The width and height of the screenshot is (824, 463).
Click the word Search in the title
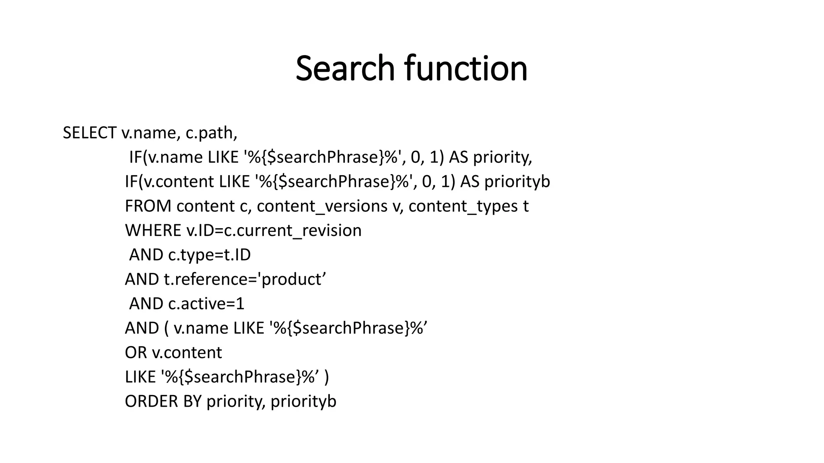tap(345, 68)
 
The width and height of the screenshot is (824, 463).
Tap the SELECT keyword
tap(89, 133)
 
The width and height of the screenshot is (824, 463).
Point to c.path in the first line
tap(211, 133)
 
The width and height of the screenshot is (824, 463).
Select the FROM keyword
tap(148, 206)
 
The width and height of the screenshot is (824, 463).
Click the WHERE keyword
tap(153, 231)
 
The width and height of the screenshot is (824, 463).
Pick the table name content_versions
tap(322, 206)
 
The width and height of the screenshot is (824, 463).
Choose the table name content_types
tap(463, 206)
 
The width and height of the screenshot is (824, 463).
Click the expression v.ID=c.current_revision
tap(274, 231)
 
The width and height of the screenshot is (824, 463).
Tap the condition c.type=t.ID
tap(209, 255)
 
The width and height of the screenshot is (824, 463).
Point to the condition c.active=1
tap(206, 304)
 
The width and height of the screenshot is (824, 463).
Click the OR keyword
tap(136, 353)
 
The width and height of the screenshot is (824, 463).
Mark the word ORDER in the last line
tap(151, 402)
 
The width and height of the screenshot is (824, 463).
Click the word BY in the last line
tap(192, 402)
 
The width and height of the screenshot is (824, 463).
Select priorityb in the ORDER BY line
tap(303, 402)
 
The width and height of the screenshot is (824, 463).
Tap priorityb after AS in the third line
tap(517, 182)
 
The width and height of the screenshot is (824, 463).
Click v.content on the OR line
tap(187, 353)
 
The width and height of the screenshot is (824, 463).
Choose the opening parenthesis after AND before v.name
tap(167, 328)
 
